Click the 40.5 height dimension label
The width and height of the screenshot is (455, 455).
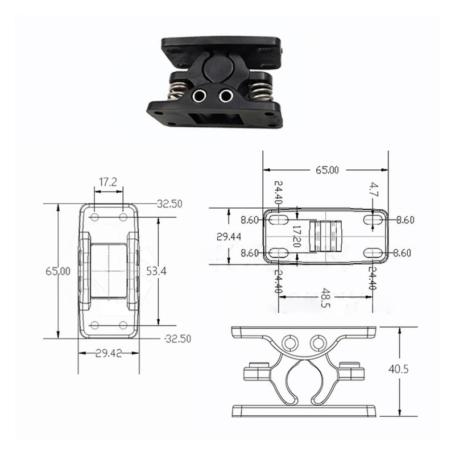click(398, 369)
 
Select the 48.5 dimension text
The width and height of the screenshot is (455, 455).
click(325, 297)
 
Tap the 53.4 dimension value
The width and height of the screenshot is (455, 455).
click(156, 271)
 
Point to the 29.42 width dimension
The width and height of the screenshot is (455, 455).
click(109, 353)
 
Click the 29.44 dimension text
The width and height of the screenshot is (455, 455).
click(229, 237)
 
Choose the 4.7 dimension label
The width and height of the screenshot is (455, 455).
click(374, 189)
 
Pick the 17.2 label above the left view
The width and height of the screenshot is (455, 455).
click(107, 182)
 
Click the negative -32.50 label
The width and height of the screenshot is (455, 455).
click(177, 338)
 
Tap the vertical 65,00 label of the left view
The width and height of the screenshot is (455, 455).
click(58, 271)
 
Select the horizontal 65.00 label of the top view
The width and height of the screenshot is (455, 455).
click(327, 170)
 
